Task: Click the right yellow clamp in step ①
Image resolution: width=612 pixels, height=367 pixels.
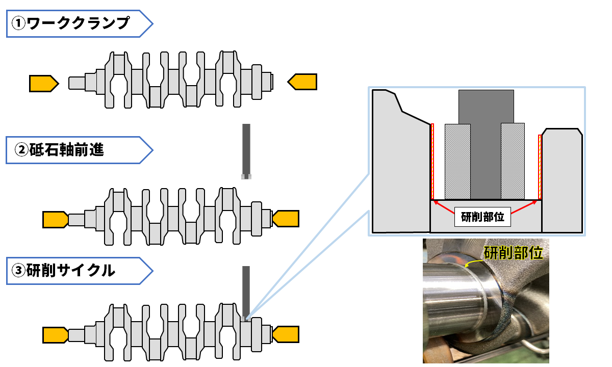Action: tap(303, 82)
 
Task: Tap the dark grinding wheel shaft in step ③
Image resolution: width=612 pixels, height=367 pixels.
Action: tap(246, 291)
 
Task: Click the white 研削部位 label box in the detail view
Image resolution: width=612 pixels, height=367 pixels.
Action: tap(482, 217)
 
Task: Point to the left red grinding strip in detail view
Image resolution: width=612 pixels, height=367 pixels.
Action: tap(432, 161)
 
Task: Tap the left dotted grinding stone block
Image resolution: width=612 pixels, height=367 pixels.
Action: tap(458, 161)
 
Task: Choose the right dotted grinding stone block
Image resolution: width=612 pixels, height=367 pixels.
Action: tap(513, 161)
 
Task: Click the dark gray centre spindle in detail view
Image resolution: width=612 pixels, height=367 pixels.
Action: tap(486, 143)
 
